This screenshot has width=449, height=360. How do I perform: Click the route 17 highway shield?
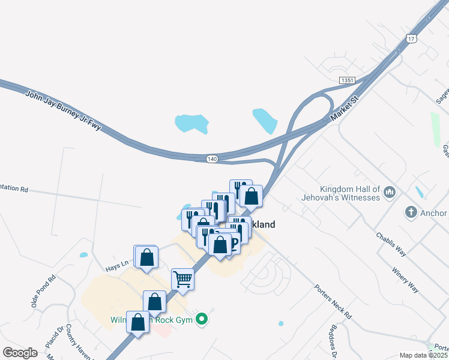tap(411, 38)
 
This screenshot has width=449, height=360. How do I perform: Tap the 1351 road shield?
tap(346, 80)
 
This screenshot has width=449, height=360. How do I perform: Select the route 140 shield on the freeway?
tap(211, 159)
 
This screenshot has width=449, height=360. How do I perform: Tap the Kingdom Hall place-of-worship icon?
tap(390, 193)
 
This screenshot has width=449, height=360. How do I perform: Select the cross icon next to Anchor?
tap(411, 211)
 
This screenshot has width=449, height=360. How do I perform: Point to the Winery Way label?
tap(406, 279)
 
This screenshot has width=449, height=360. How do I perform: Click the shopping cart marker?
tap(182, 278)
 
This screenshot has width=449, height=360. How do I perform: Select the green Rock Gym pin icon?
tap(202, 319)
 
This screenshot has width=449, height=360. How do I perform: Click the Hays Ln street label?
tap(118, 263)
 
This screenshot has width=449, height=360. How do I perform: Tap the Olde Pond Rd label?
tap(43, 292)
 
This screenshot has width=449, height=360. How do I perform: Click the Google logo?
tap(20, 353)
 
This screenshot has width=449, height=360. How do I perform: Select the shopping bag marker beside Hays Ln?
tap(146, 257)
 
